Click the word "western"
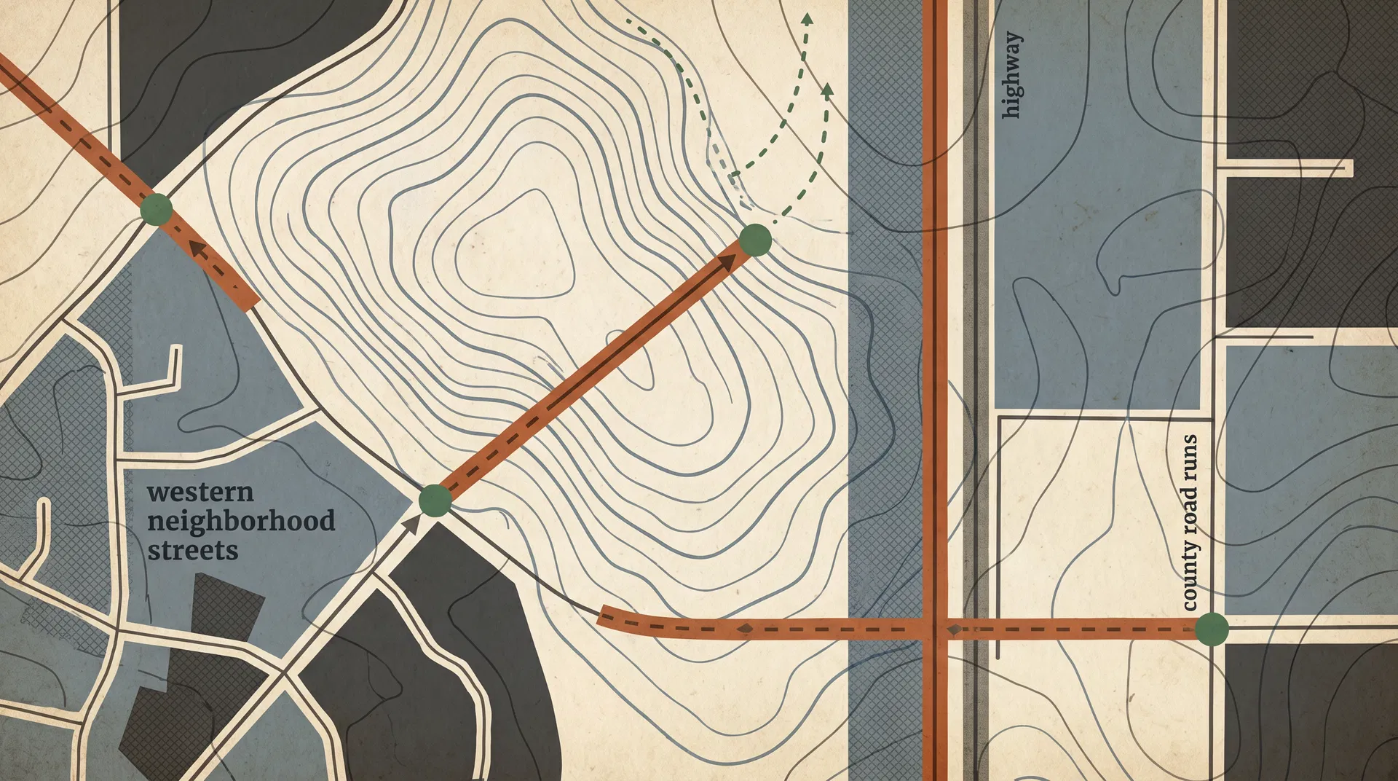[200, 492]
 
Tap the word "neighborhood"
[241, 522]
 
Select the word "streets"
[193, 550]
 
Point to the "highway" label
[1011, 75]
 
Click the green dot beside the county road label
[1212, 629]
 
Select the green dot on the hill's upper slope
[755, 240]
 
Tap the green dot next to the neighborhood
[435, 501]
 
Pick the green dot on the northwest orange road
[157, 210]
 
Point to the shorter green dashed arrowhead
[827, 89]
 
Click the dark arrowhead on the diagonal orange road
[726, 264]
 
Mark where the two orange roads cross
[935, 629]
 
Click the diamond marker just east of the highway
[953, 629]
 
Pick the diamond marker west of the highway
[745, 628]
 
